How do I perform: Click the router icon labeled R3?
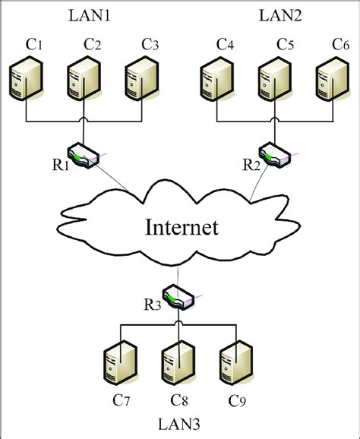[x=179, y=298]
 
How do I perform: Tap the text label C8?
[x=179, y=400]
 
